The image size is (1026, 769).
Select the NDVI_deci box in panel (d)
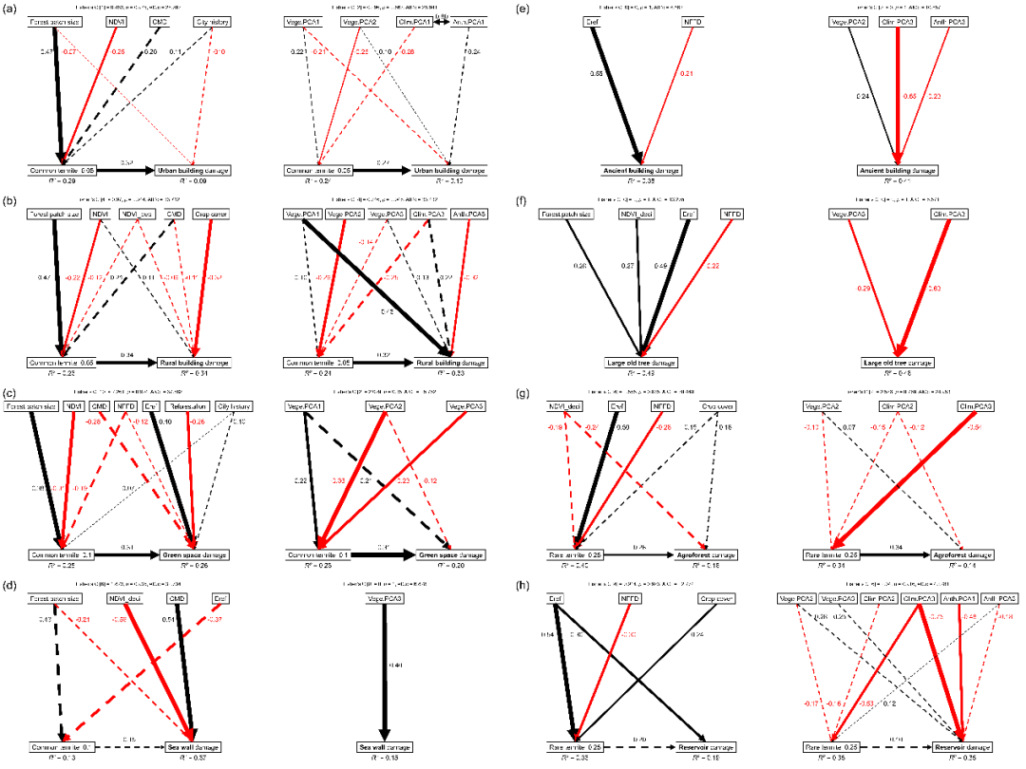tap(124, 599)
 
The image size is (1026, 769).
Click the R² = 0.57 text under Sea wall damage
tap(194, 757)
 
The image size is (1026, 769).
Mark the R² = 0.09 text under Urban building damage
tap(194, 180)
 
